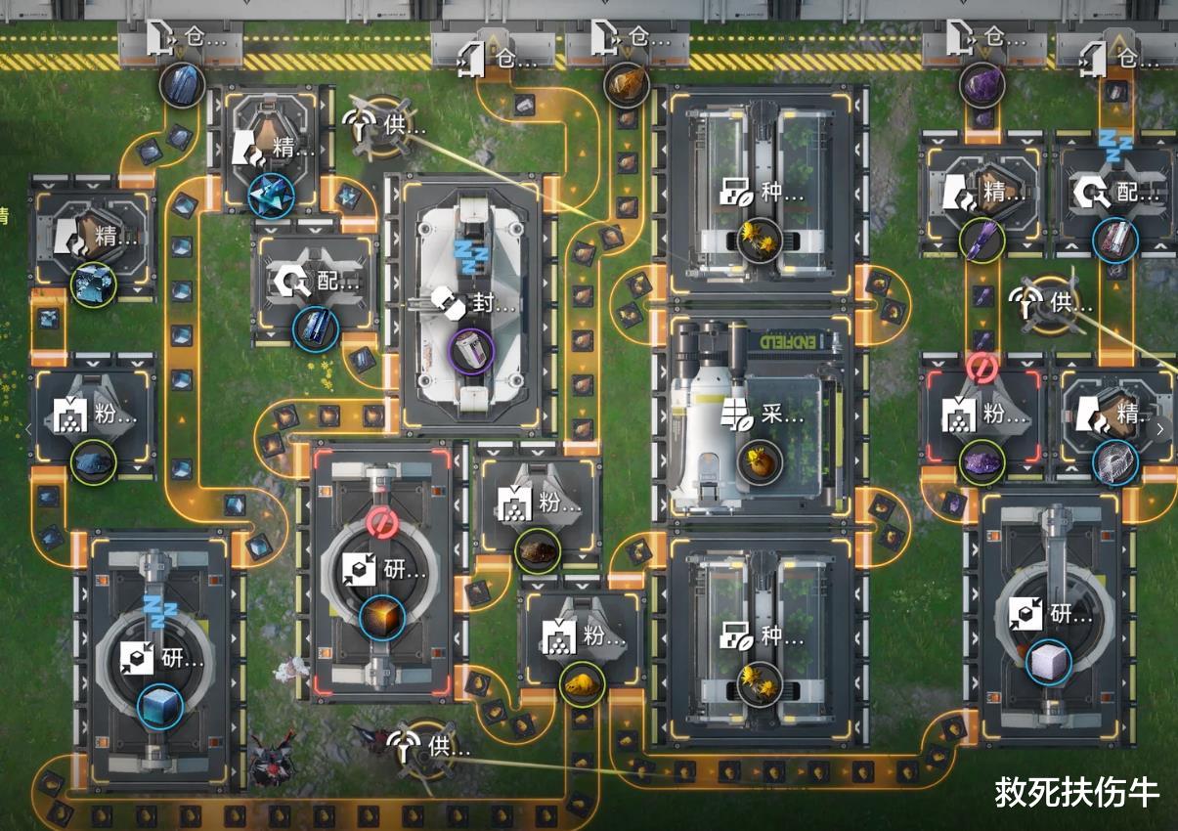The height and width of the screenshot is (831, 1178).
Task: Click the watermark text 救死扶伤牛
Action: click(1076, 792)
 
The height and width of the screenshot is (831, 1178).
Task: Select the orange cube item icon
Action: click(382, 618)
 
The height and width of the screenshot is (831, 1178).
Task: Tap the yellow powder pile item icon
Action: click(581, 681)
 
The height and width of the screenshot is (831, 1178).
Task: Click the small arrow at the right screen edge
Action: click(1160, 427)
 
